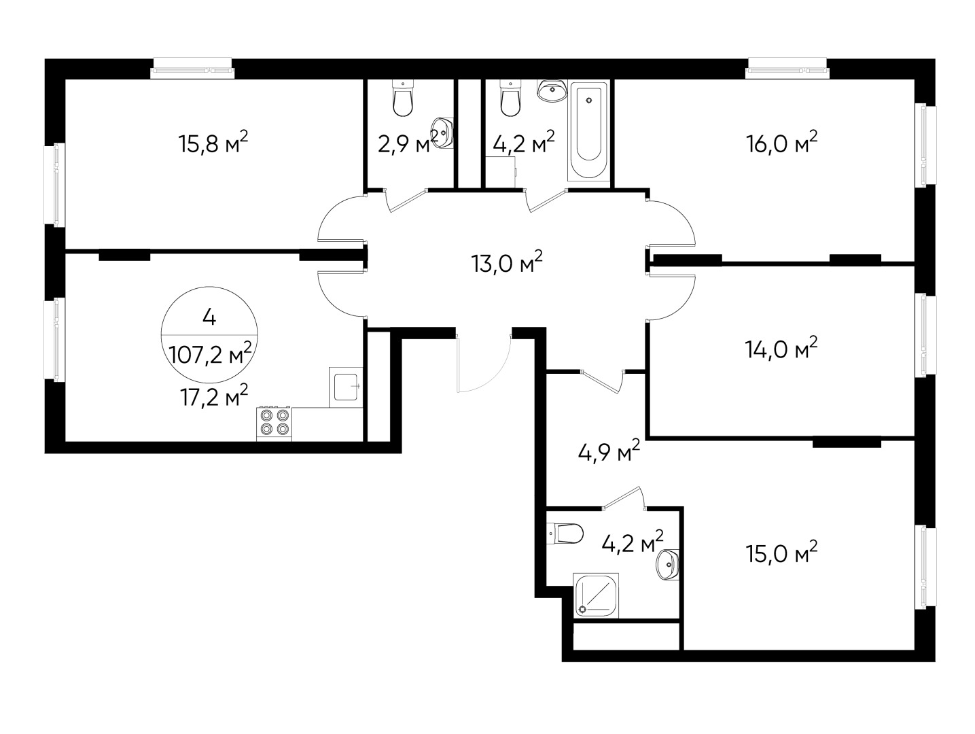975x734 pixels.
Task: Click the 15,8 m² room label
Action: (213, 142)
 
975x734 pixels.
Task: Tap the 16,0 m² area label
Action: (781, 142)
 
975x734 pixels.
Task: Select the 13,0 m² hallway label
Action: (506, 262)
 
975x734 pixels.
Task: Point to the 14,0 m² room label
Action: (781, 348)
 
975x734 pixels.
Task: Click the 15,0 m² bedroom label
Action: (781, 553)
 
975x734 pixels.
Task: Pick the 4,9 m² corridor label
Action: (609, 451)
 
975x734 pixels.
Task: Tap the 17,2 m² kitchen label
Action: (213, 395)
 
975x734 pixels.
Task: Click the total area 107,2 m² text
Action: (210, 353)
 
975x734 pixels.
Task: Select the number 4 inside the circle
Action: (209, 317)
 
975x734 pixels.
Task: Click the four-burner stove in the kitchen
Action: (274, 423)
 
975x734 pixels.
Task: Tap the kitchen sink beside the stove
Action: (346, 387)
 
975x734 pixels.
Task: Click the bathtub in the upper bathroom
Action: (588, 131)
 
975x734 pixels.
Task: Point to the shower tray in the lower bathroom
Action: (596, 595)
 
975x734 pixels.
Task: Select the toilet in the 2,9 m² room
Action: (403, 98)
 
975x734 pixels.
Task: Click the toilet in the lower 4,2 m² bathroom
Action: (565, 534)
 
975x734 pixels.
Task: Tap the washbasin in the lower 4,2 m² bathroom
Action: (668, 565)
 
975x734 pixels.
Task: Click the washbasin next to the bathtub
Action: (552, 90)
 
